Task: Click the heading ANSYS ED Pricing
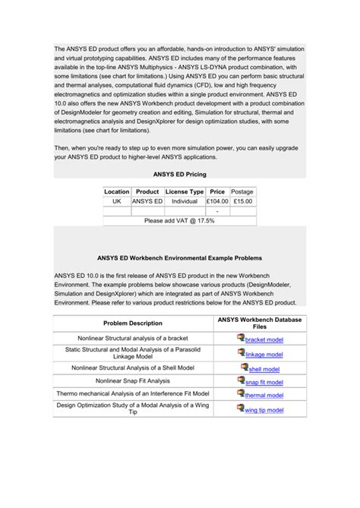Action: coord(179,175)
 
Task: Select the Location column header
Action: coord(117,192)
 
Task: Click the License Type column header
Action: coord(185,192)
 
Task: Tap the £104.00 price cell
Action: coord(217,202)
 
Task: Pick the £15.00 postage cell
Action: coord(242,202)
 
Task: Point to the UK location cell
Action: coord(117,202)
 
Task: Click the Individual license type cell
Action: coord(185,202)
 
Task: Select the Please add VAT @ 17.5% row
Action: coord(179,220)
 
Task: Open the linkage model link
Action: coord(264,355)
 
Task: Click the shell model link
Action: coord(265,369)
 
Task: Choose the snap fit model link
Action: coord(264,382)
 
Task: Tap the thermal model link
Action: coord(264,396)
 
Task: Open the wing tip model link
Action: coord(264,410)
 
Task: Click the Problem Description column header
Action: coord(133,323)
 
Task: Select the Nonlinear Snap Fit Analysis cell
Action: coord(133,380)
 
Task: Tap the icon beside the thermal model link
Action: coord(241,393)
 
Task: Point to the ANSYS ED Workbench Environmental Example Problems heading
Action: coord(179,257)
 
